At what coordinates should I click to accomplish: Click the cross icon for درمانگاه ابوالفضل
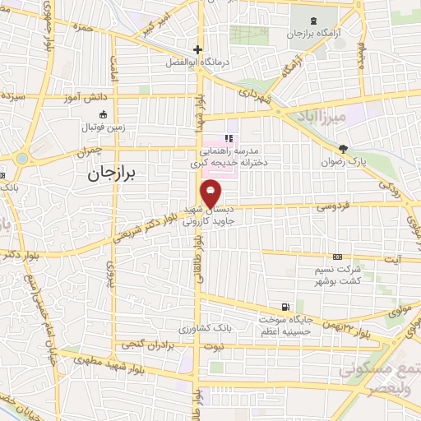click(197, 49)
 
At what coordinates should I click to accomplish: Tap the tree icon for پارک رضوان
click(343, 150)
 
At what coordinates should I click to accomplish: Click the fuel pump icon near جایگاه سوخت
click(285, 305)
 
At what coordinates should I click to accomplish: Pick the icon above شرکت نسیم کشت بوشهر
click(337, 257)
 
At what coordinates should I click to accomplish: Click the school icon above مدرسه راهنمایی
click(229, 138)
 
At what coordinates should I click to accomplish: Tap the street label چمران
click(90, 151)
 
